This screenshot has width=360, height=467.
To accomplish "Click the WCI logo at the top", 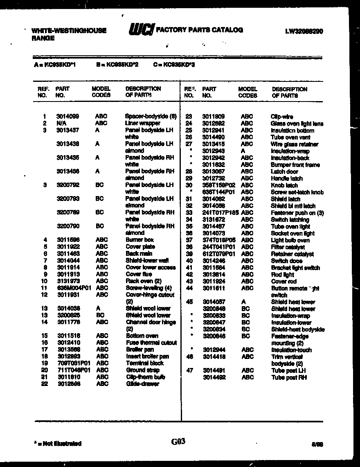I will point(142,30).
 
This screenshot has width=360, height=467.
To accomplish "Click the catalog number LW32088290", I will point(304,31).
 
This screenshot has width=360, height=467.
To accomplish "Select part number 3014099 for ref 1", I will point(68,116).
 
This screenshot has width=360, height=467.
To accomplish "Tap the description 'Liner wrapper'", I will point(142,123).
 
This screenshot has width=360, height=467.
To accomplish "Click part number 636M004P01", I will point(73,288).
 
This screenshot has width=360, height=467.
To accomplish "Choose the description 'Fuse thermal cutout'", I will point(151,343).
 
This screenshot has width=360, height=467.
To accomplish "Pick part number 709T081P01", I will point(73,363).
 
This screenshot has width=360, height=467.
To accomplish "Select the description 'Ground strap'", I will point(142,370).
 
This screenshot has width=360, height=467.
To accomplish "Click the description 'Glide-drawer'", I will point(142,384).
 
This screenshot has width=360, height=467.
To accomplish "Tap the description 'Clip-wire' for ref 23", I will point(282,117).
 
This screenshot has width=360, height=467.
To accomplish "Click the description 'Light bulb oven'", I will point(290,240).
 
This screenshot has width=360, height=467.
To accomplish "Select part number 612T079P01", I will point(219,254).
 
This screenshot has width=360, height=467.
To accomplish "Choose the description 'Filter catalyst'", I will point(288,247).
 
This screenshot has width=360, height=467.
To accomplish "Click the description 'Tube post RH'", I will point(289,377).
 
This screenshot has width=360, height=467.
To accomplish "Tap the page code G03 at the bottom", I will point(178,442).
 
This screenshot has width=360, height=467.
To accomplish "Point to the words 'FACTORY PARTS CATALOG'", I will point(200,30).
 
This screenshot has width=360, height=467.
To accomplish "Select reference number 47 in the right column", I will point(189,370).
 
